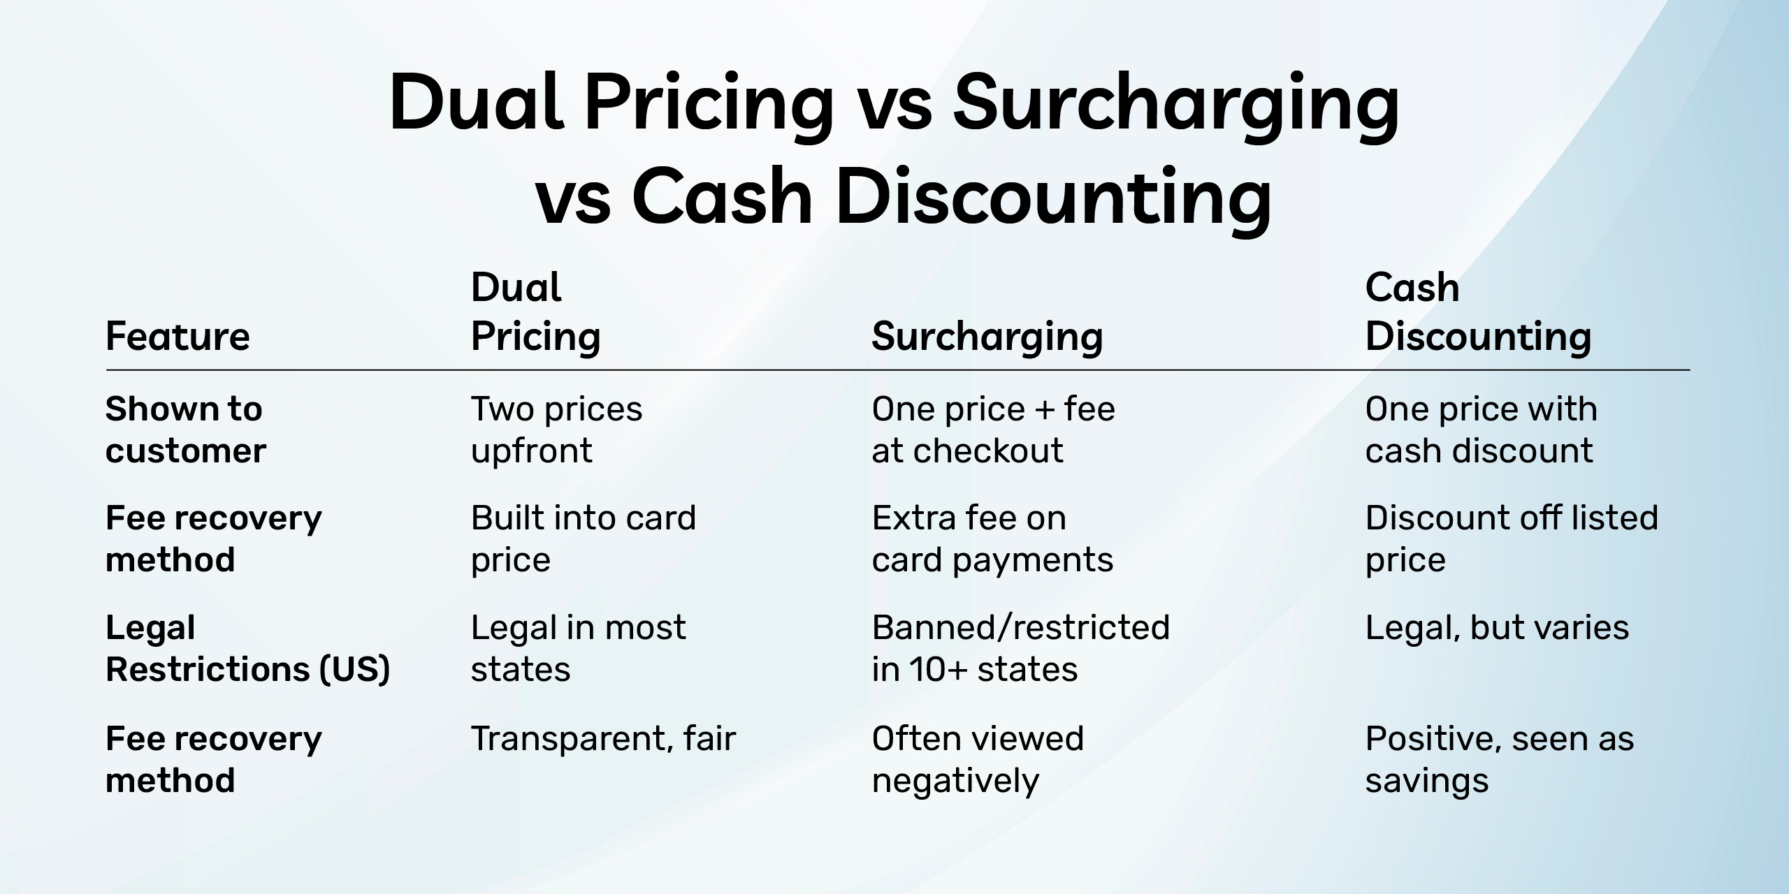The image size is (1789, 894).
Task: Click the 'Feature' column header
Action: point(178,337)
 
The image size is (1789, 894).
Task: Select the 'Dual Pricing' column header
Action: point(536,313)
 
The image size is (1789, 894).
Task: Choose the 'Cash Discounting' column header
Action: point(1479,313)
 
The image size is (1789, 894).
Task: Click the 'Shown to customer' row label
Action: point(186,430)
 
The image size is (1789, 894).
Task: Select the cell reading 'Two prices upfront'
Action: point(556,430)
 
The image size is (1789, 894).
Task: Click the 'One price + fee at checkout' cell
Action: point(993,430)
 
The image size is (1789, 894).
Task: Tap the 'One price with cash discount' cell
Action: point(1482,430)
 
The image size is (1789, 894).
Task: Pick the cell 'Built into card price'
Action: point(584,539)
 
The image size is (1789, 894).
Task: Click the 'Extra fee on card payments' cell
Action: point(992,539)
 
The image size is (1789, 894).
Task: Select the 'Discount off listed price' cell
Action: point(1512,539)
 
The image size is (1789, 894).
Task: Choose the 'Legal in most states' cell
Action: point(579,649)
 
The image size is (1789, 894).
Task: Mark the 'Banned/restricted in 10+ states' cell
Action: point(1021,649)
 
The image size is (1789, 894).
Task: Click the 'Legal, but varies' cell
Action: point(1497,629)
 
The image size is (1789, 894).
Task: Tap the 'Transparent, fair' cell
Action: point(604,739)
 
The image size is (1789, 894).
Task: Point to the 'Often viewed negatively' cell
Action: point(978,760)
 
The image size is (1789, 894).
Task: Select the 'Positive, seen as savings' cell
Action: point(1500,760)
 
